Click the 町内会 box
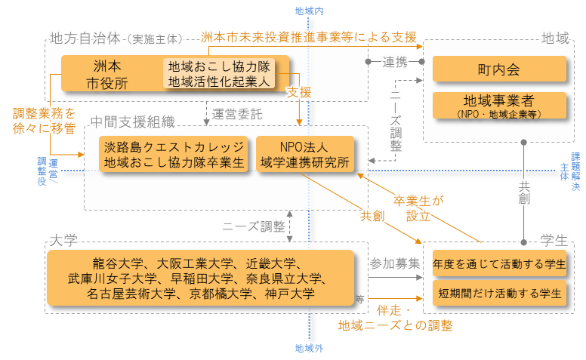[x=499, y=70]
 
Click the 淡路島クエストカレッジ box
[x=174, y=154]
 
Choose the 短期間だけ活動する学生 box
[x=499, y=293]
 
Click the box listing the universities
[x=200, y=278]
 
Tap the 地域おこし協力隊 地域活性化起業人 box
[x=219, y=73]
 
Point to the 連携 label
[x=396, y=60]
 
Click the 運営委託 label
[x=236, y=115]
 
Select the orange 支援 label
[x=300, y=92]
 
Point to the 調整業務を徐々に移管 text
[x=45, y=121]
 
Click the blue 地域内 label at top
[x=309, y=11]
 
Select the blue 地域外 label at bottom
[x=309, y=349]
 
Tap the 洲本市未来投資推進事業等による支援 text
[x=308, y=36]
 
